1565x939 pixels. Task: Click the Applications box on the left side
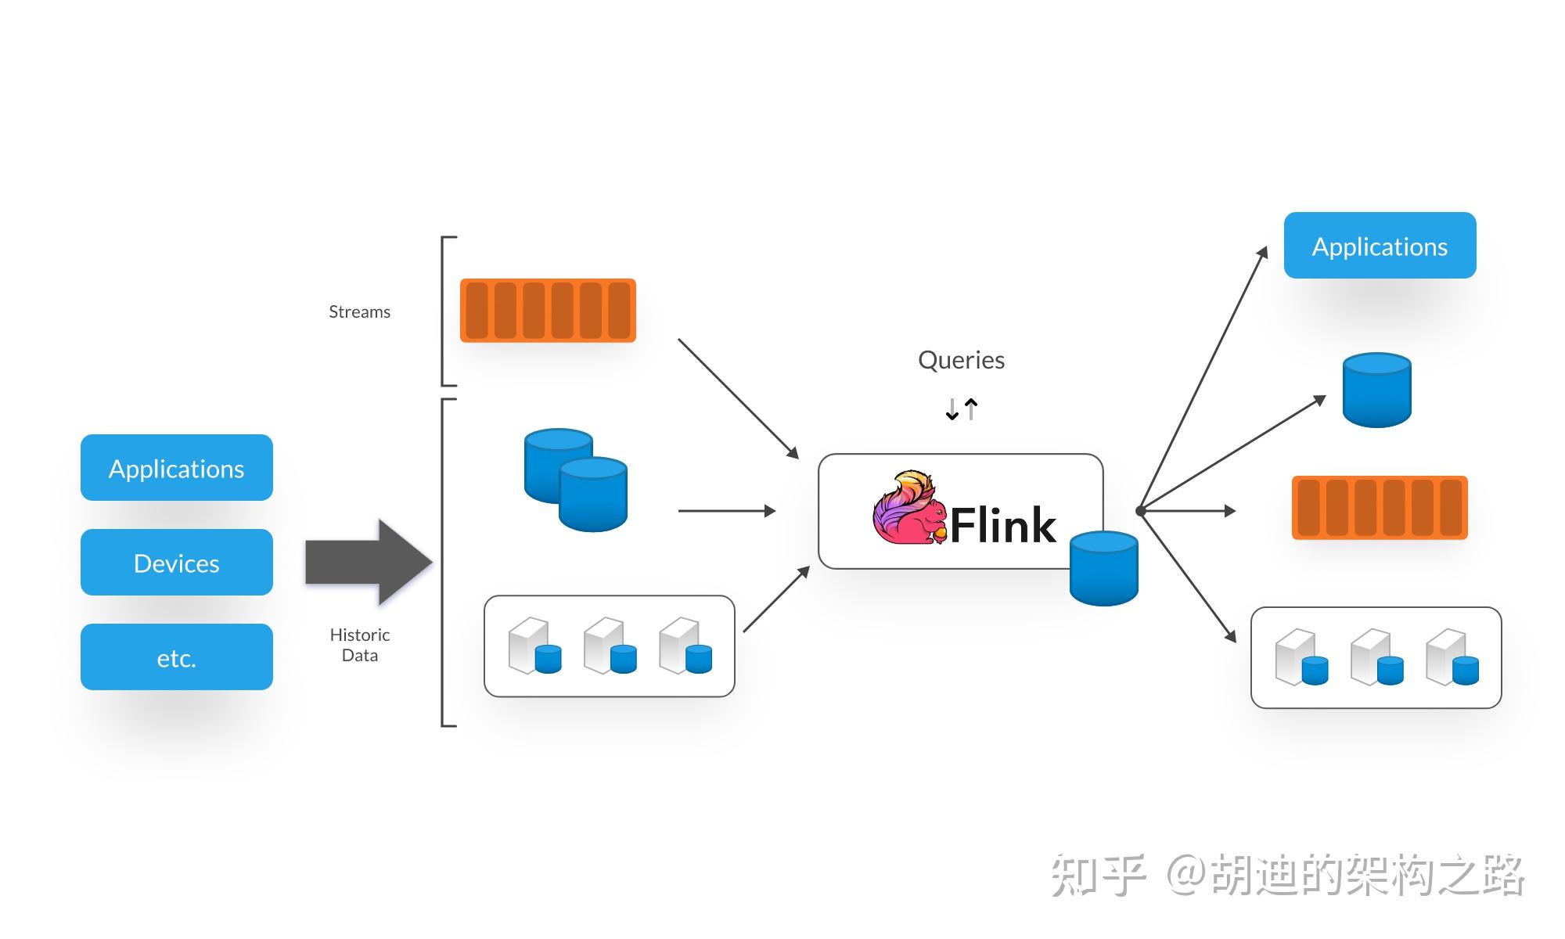(x=176, y=468)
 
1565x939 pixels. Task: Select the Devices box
(x=176, y=563)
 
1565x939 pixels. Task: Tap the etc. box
(x=176, y=657)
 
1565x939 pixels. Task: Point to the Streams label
(x=359, y=311)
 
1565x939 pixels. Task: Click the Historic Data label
(x=359, y=645)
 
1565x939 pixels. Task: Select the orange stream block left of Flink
(x=548, y=310)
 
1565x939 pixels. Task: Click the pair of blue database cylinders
(x=576, y=479)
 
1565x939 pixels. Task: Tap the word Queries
(x=961, y=360)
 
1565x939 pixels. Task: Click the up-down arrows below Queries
(x=961, y=408)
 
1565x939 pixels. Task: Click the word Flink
(x=1003, y=525)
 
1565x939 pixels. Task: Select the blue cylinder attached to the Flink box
(x=1103, y=568)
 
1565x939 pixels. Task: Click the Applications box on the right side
(x=1380, y=246)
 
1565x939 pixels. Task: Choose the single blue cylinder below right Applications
(x=1376, y=390)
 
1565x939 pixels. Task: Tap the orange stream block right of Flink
(x=1380, y=507)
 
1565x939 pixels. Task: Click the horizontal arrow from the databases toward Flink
(x=726, y=511)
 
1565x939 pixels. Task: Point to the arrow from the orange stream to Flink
(x=737, y=398)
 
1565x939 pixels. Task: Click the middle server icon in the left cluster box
(x=610, y=646)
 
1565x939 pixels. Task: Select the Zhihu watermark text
(x=1287, y=875)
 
